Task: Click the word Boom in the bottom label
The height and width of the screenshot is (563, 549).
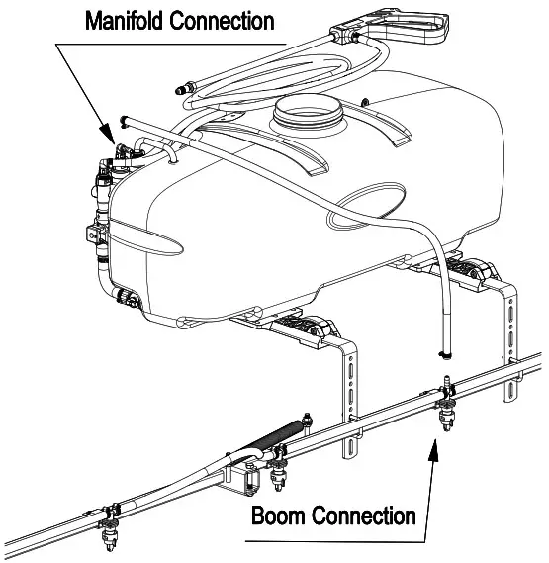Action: pos(280,516)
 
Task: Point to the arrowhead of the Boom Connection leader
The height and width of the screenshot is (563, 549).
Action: pos(431,447)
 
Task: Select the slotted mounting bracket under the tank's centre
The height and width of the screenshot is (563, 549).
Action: pos(352,391)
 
